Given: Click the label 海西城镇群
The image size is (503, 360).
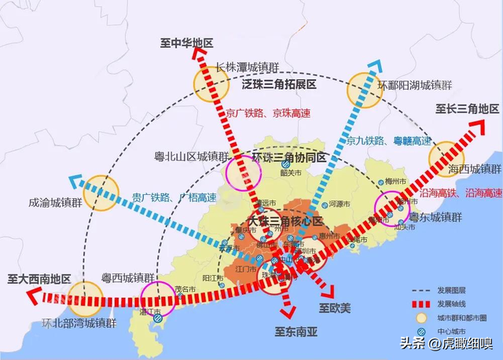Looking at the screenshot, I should click(x=474, y=169).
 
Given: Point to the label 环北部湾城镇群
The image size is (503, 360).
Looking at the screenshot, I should click(x=77, y=322).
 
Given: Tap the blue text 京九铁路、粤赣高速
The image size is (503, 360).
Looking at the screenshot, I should click(x=390, y=141).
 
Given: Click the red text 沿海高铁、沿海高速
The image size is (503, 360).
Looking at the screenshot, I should click(x=465, y=193).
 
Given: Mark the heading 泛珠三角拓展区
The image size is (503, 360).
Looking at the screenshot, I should click(x=280, y=84).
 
